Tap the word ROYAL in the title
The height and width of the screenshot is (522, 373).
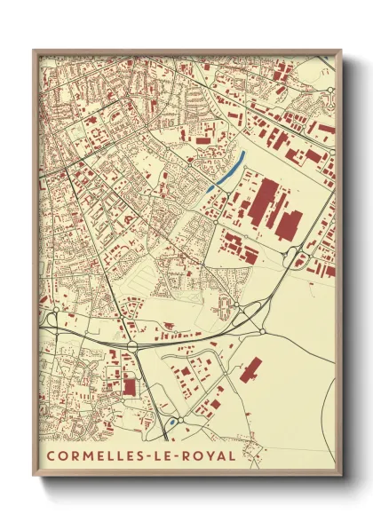(x=209, y=456)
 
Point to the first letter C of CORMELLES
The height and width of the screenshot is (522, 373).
(x=50, y=456)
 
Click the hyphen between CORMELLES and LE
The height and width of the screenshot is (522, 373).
(x=146, y=456)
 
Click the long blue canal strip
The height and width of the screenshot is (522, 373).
(x=228, y=170)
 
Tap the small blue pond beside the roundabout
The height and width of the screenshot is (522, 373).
(x=169, y=424)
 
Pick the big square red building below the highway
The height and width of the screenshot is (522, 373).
(x=130, y=387)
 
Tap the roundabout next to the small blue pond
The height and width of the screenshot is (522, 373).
(x=179, y=419)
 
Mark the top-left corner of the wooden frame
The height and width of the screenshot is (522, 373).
(x=35, y=51)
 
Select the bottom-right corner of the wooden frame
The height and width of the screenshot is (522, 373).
(x=339, y=474)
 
